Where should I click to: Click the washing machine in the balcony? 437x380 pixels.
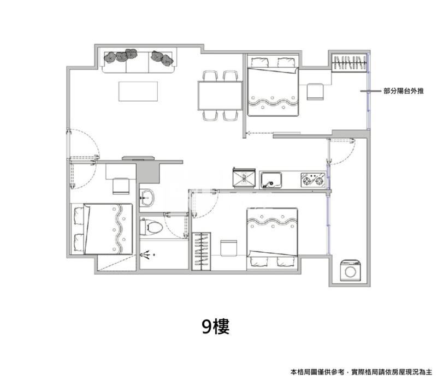(350, 270)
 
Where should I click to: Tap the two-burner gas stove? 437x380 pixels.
(312, 180)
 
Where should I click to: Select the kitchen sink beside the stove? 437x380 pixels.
(271, 180)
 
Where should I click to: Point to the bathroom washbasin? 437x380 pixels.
(146, 198)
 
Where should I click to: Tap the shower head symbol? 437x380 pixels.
(147, 255)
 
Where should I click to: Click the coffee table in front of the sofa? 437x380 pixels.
(138, 91)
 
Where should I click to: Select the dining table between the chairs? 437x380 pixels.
(220, 96)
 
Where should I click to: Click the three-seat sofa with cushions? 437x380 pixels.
(139, 61)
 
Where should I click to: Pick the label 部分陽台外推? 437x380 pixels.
(404, 91)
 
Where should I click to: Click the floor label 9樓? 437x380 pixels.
(216, 326)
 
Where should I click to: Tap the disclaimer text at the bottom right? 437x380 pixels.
(361, 372)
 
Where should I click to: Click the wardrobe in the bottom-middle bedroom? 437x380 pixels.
(201, 251)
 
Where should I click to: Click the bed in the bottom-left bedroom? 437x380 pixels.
(102, 229)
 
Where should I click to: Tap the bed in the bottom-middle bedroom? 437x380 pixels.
(272, 239)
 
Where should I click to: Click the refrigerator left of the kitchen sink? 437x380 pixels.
(244, 178)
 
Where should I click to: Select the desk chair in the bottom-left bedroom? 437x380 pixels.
(121, 186)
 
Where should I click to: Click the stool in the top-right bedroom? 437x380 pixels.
(315, 91)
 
